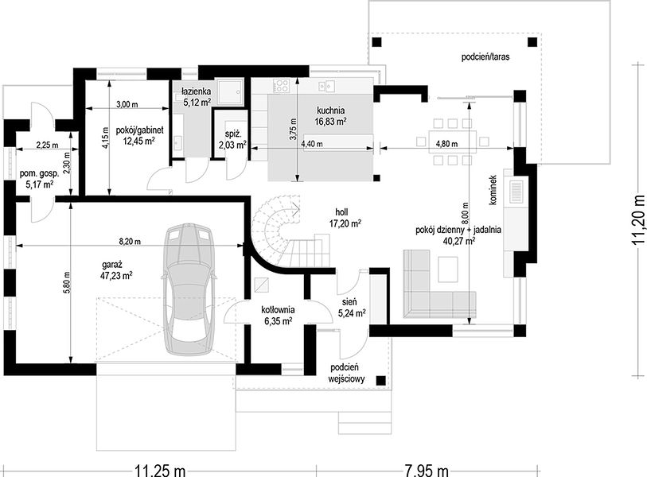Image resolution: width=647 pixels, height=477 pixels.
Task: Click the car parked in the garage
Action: [x=190, y=289]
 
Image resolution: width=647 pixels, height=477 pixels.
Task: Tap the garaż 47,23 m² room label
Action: [x=116, y=270]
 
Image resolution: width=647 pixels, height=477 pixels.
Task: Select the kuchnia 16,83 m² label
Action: [x=330, y=116]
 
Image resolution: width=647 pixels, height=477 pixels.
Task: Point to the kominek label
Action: [x=493, y=190]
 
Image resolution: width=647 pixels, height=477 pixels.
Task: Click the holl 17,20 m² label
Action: [x=345, y=218]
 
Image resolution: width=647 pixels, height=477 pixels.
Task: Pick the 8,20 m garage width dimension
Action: [x=130, y=242]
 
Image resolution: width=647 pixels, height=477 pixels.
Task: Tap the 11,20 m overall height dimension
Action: [x=640, y=219]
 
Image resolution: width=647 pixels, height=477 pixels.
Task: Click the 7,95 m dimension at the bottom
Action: [x=426, y=471]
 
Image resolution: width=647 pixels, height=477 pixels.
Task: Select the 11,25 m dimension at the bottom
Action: [x=159, y=471]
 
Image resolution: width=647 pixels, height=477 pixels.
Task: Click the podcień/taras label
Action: [x=485, y=57]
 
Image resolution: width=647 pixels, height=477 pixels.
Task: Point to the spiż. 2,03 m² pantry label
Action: [x=232, y=139]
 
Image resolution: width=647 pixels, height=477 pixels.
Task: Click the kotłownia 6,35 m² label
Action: [x=277, y=315]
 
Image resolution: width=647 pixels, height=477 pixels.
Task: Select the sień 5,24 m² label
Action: [x=352, y=308]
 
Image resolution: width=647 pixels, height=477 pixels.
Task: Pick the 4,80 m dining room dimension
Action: [x=447, y=145]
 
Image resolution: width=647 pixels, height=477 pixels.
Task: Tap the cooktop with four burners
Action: [x=282, y=85]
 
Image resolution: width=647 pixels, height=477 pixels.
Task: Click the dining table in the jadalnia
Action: [x=453, y=142]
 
